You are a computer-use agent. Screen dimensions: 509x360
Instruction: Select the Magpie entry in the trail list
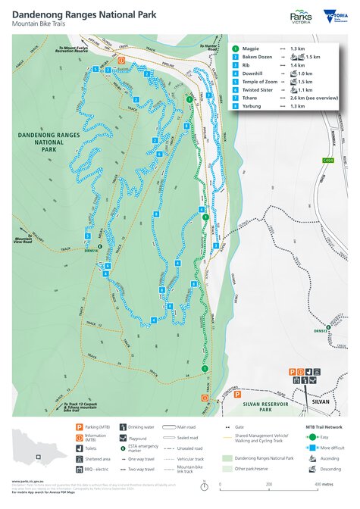point(252,48)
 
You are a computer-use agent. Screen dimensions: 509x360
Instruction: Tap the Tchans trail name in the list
point(253,98)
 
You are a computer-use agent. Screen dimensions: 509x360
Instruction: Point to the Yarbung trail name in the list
point(255,106)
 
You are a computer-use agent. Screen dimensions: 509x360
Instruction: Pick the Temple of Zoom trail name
point(261,81)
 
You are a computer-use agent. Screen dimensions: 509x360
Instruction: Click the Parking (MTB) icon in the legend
point(78,428)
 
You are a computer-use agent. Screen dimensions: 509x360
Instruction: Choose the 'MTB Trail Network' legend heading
point(324,428)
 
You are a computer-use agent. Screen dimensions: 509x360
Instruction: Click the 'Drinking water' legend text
point(140,428)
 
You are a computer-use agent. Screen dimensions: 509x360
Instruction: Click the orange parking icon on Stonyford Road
point(290,372)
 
